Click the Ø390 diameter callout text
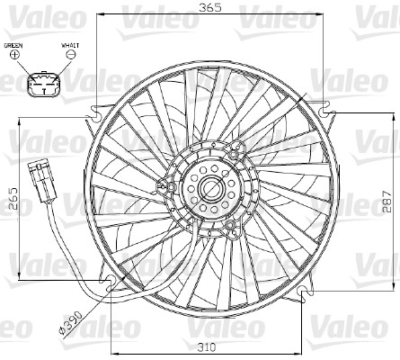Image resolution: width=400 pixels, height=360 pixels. (x=72, y=320)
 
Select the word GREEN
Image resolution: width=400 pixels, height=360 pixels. (x=14, y=44)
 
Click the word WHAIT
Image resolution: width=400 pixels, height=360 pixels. (x=71, y=44)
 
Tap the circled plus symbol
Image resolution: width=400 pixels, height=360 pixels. (x=14, y=55)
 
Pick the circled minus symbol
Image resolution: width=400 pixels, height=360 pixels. (x=71, y=55)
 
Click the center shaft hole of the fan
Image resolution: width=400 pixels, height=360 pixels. (x=213, y=188)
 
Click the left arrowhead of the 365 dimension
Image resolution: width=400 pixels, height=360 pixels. (x=99, y=15)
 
